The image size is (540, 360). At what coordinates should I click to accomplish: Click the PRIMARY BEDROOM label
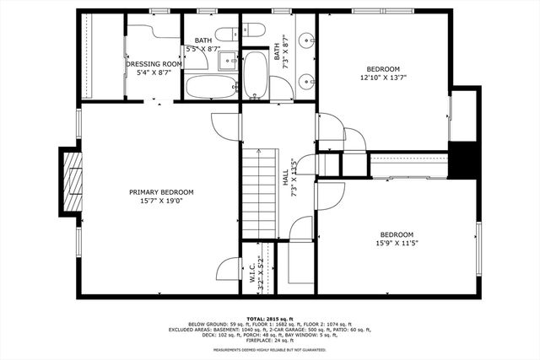point(161,192)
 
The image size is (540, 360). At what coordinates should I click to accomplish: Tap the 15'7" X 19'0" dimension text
point(161,201)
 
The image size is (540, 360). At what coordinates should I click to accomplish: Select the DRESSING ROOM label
point(154,64)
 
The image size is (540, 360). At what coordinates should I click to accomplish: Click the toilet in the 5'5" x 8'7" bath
point(227,35)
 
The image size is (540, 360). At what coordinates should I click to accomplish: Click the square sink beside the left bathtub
point(228,62)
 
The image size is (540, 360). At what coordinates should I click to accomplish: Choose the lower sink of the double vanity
point(305,82)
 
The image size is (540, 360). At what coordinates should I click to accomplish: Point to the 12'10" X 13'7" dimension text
point(382,78)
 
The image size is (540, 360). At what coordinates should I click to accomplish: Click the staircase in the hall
point(259,190)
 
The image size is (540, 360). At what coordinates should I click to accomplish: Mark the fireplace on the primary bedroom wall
point(73,181)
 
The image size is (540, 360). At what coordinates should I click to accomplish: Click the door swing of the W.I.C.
point(228,270)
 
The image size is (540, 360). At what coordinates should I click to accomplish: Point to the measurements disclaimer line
point(269,349)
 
